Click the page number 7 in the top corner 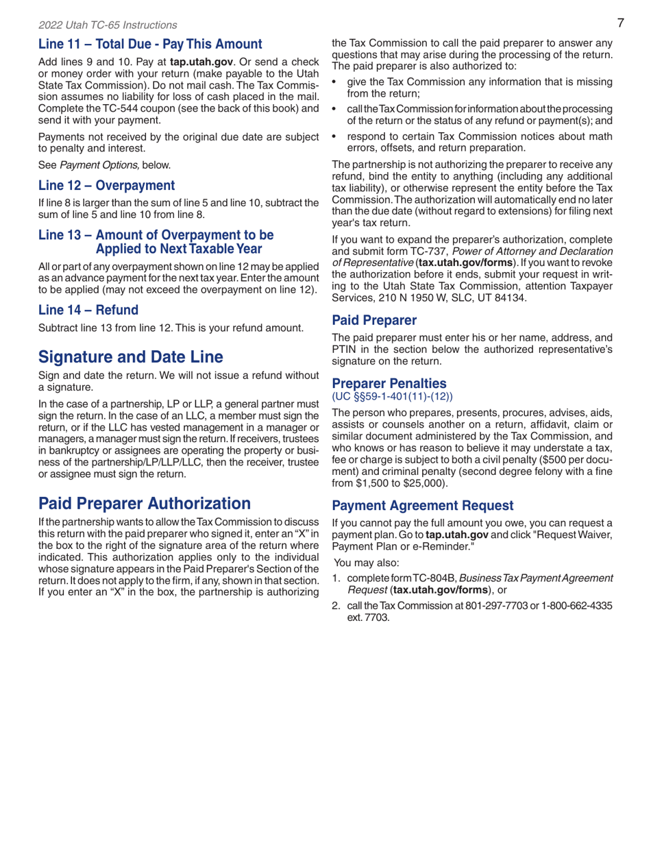point(619,23)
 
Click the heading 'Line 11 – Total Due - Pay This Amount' point(150,45)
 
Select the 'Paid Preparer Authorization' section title point(145,504)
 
